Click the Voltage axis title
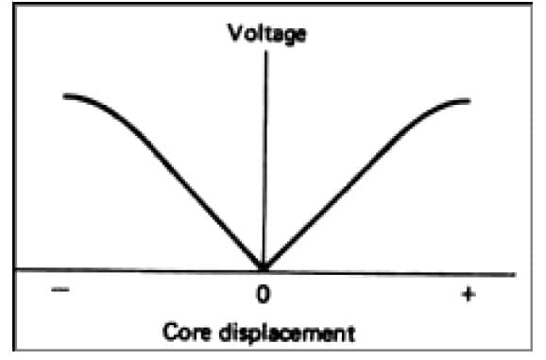[266, 34]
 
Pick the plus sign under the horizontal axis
[467, 295]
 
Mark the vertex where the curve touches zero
[264, 268]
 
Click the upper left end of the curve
[64, 96]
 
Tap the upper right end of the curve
[469, 99]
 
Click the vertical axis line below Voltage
[265, 142]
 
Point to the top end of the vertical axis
[266, 51]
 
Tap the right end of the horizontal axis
[516, 275]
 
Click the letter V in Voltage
[232, 34]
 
